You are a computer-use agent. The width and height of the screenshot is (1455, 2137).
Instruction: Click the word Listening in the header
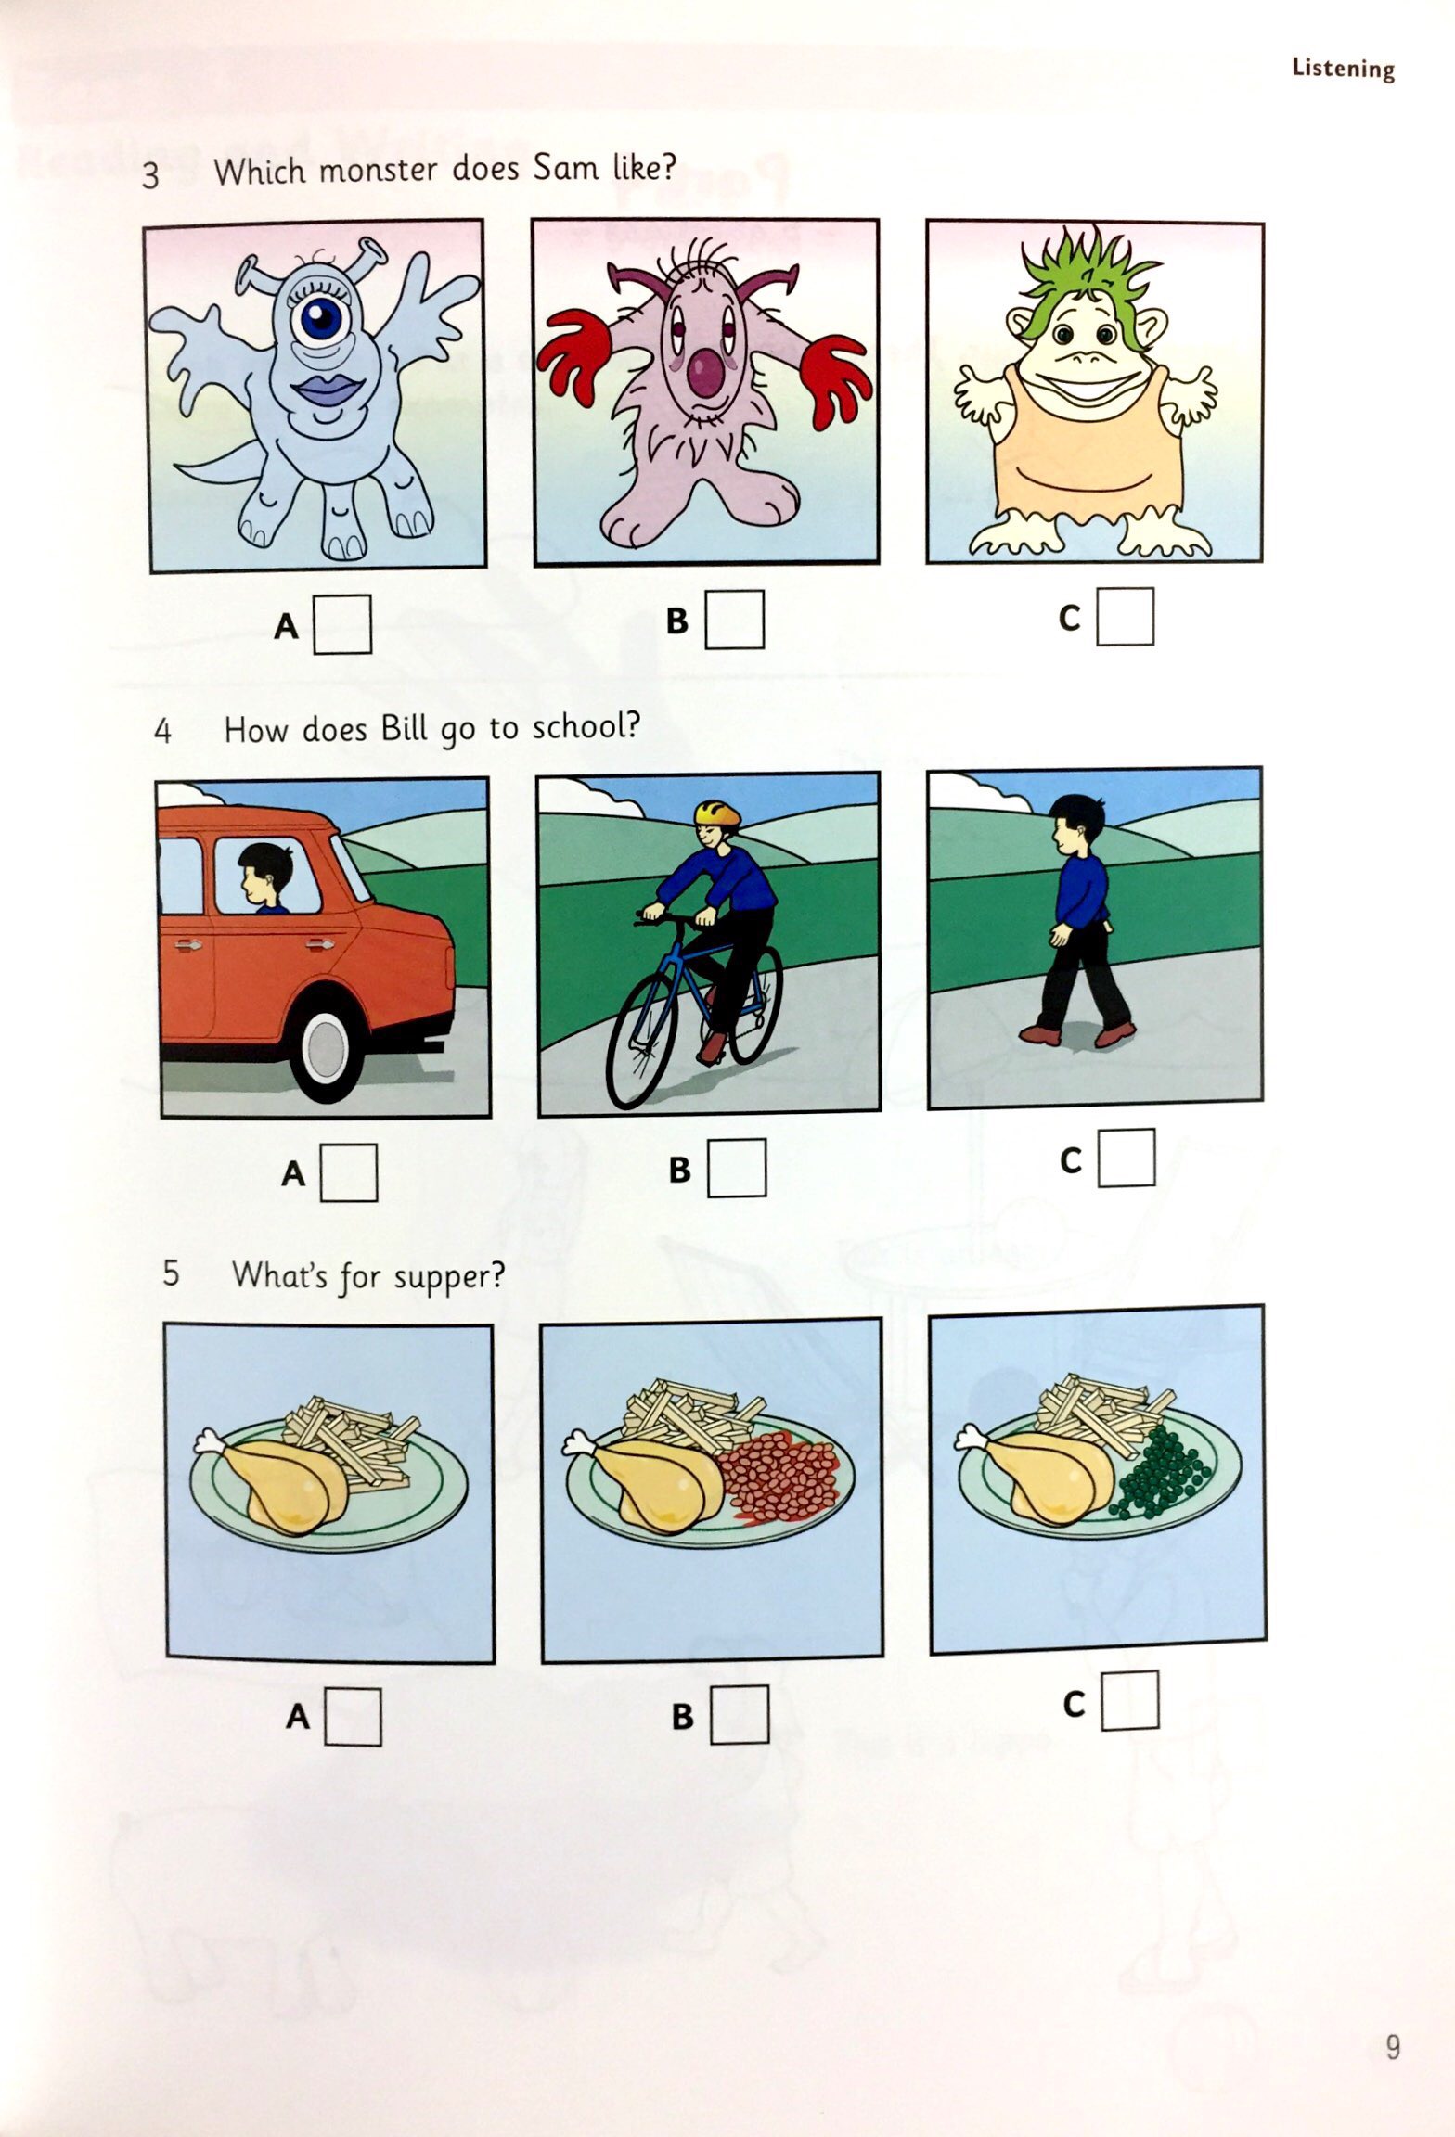coord(1343,69)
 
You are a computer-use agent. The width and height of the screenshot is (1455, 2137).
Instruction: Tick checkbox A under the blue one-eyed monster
coord(342,624)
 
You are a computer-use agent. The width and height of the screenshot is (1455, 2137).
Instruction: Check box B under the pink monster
coord(734,619)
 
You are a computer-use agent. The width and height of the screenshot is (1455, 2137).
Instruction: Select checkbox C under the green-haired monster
coord(1125,616)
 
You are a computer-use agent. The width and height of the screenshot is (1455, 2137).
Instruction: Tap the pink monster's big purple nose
coord(708,372)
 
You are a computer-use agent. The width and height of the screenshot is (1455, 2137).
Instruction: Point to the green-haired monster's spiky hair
coord(1083,270)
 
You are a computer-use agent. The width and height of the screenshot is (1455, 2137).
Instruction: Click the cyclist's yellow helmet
coord(718,813)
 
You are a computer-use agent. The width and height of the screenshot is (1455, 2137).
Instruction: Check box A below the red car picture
coord(349,1172)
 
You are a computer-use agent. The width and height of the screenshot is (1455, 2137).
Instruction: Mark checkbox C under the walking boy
coord(1127,1158)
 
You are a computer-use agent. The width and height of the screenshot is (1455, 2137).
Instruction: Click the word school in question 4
coord(585,727)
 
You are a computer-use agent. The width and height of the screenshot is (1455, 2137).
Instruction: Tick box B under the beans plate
coord(740,1714)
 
